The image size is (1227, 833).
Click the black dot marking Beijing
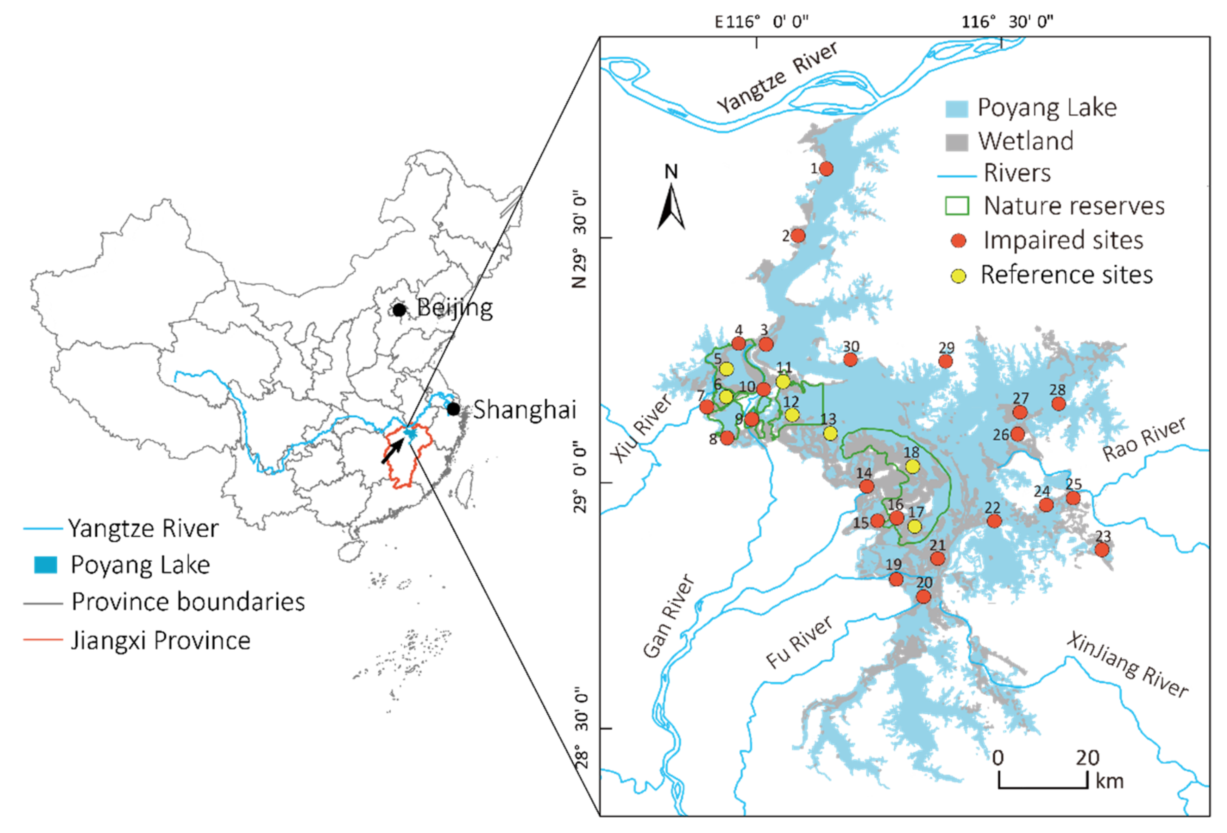399,310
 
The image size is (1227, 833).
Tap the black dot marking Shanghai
453,408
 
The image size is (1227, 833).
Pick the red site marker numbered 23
1101,550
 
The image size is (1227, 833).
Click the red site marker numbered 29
946,361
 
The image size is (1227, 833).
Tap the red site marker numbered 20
923,597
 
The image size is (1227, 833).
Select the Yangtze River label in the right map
777,78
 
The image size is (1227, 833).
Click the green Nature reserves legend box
957,206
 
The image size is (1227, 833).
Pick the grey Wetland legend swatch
957,142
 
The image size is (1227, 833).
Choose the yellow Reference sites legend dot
958,275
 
